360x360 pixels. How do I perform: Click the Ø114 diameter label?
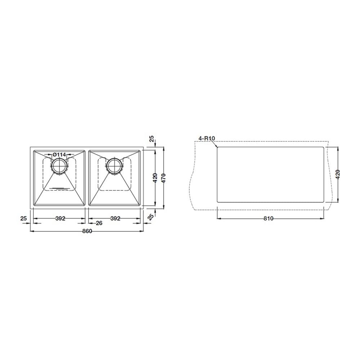pyautogui.click(x=59, y=155)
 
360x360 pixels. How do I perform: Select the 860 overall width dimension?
pyautogui.click(x=87, y=231)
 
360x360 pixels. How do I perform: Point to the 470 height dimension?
pyautogui.click(x=164, y=178)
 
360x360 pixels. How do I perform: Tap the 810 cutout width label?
pyautogui.click(x=269, y=219)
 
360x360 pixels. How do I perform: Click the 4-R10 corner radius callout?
pyautogui.click(x=207, y=138)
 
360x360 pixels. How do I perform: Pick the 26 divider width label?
pyautogui.click(x=99, y=223)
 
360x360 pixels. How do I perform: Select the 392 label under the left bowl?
pyautogui.click(x=60, y=219)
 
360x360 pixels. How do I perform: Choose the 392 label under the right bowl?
pyautogui.click(x=115, y=219)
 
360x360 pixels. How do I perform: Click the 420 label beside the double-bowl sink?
pyautogui.click(x=155, y=178)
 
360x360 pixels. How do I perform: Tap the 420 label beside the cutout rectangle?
pyautogui.click(x=338, y=175)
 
